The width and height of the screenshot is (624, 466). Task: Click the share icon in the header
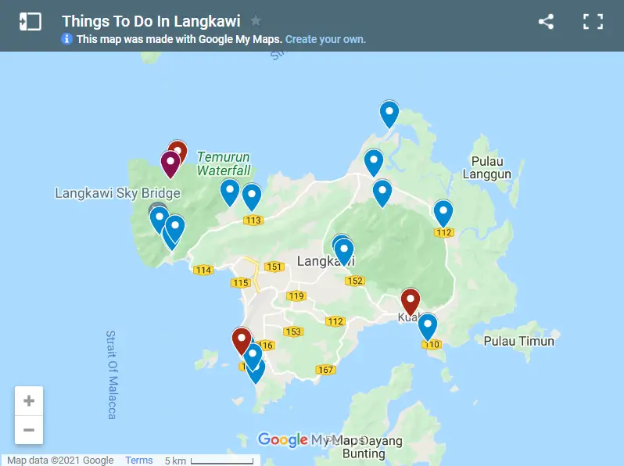coord(546,22)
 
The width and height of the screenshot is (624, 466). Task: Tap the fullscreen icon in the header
coord(594,22)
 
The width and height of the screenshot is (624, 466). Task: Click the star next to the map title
coord(256,21)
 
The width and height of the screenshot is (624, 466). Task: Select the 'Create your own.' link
coord(325,39)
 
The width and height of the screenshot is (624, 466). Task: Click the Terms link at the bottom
coord(139,461)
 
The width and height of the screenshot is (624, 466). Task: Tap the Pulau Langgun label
coord(486,168)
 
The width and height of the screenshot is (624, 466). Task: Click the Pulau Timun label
coord(518,341)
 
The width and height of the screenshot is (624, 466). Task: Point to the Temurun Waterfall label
coord(223,163)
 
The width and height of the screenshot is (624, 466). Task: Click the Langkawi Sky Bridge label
coord(117,193)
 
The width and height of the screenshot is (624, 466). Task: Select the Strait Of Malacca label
coord(111,375)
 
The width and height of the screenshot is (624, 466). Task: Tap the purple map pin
coord(170,163)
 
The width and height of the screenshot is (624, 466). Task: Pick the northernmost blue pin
coord(389,113)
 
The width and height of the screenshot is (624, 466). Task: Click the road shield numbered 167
coord(325,369)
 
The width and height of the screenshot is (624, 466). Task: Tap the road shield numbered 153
coord(293,332)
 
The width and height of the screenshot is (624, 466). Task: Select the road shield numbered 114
coord(203,271)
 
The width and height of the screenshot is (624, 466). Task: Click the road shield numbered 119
coord(296,296)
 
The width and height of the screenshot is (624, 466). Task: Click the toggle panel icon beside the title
coord(30,22)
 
